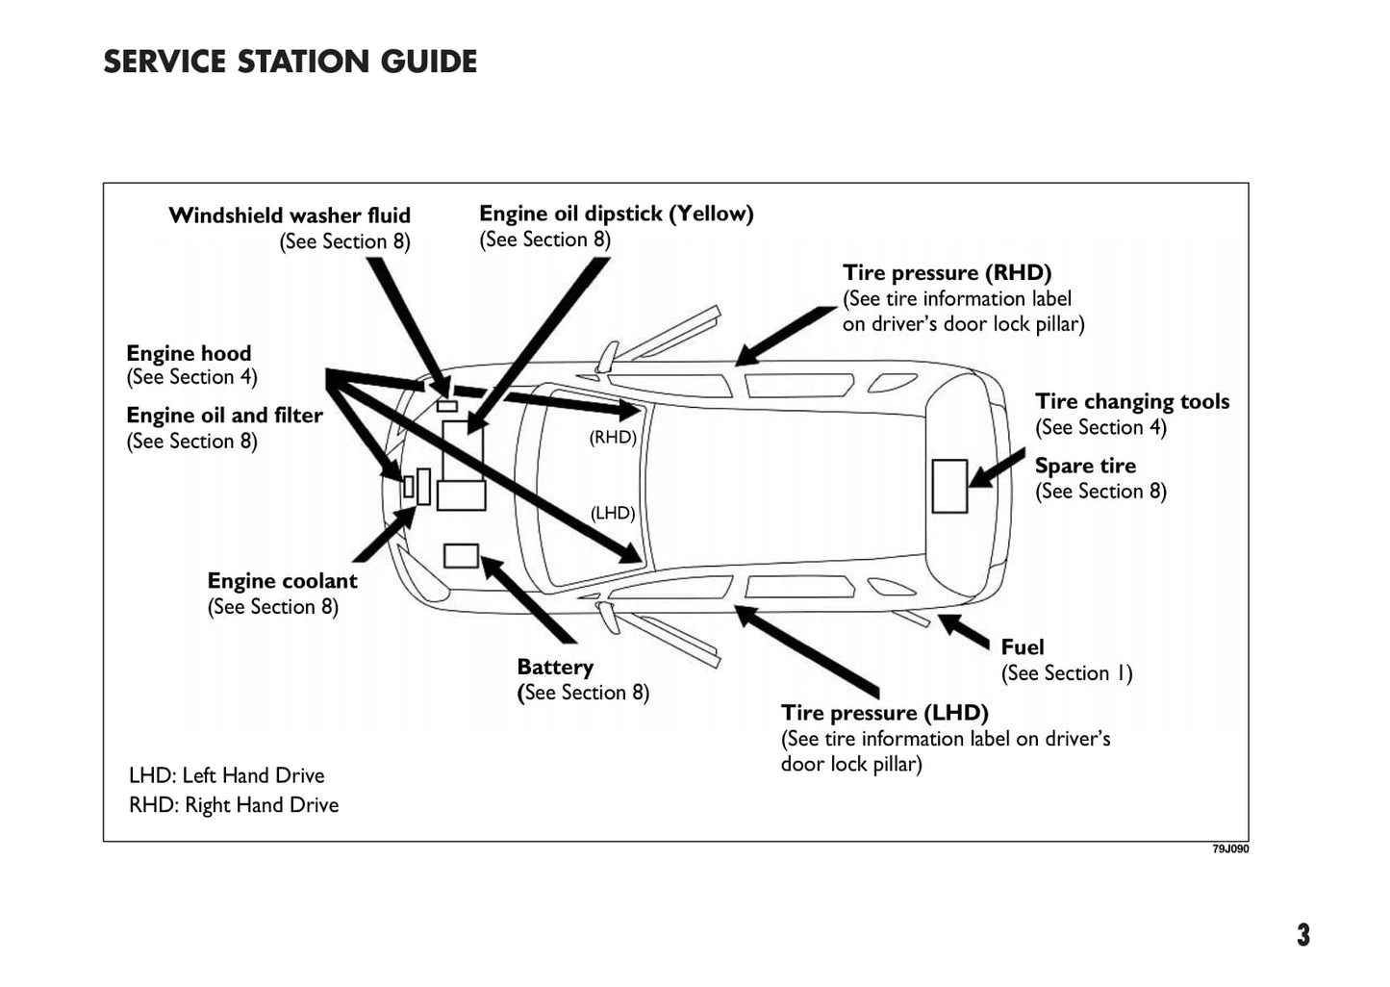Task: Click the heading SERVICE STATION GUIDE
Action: coord(290,62)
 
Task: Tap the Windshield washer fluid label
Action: coord(290,215)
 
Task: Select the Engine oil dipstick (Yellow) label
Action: coord(616,214)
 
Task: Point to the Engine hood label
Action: coord(189,353)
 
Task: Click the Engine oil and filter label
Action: coord(224,416)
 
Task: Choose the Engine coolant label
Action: coord(282,581)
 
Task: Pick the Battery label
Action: coord(555,667)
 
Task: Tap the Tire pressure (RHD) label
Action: coord(947,273)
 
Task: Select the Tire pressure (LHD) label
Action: coord(884,713)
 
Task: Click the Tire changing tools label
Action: coord(1131,402)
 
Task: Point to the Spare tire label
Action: coord(1085,467)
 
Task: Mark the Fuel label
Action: coord(1022,647)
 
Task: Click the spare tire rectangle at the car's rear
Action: coord(949,486)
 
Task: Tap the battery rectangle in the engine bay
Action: coord(461,556)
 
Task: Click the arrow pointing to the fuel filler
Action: coord(964,631)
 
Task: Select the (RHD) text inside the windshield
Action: coord(613,438)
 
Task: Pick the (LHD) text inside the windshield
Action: coord(613,514)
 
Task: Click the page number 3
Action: coord(1302,935)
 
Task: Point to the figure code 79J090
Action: coord(1230,849)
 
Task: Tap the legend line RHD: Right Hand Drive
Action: coord(234,805)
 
